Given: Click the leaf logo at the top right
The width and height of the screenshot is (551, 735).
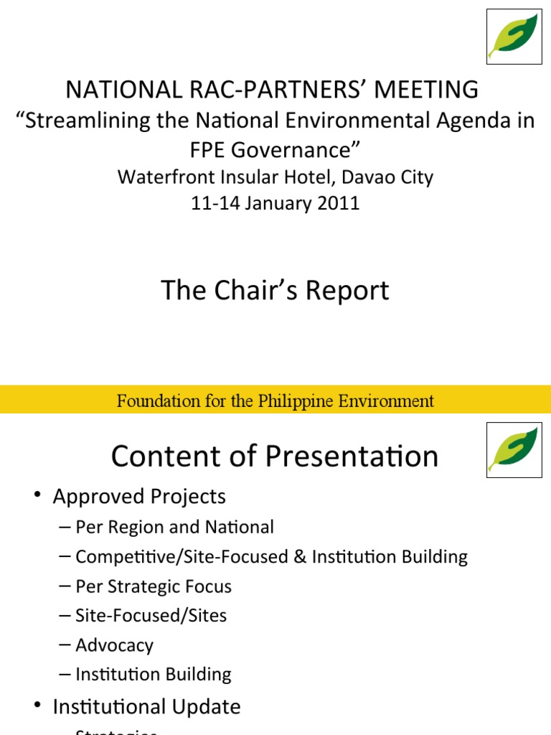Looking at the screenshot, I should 514,37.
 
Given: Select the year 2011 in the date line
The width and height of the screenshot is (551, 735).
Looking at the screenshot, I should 336,203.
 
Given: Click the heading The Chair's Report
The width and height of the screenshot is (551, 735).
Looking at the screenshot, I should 275,291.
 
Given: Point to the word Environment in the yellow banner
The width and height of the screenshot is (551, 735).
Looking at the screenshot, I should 390,401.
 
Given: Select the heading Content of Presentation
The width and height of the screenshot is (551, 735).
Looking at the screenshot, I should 275,457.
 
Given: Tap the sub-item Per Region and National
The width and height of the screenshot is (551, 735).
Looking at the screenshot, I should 174,528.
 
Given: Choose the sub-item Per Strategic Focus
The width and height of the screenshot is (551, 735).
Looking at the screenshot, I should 154,586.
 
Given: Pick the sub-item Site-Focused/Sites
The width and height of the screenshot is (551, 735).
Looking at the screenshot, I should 151,616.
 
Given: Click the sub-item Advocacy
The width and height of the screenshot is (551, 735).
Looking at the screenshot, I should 114,645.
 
